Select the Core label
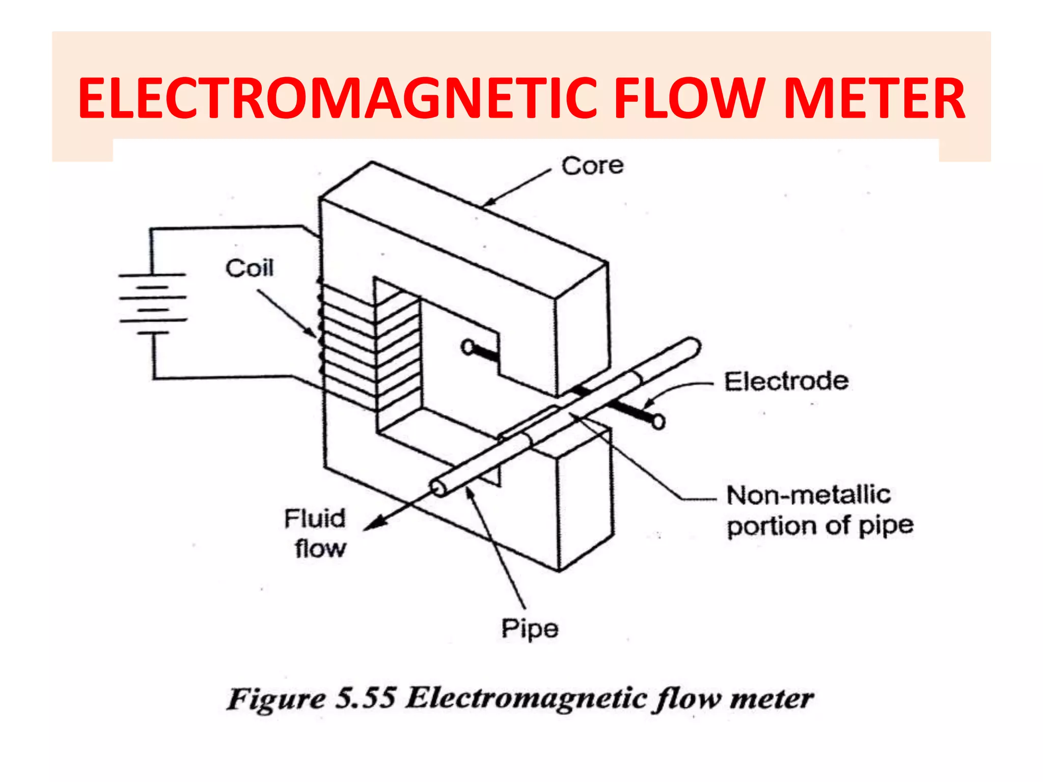(x=592, y=166)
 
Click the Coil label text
(x=250, y=268)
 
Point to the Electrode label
(x=786, y=381)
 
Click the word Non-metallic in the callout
(x=808, y=495)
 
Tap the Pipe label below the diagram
(x=530, y=629)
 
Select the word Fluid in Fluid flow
(x=315, y=519)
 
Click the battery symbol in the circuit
(x=153, y=304)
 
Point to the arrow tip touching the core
(x=485, y=205)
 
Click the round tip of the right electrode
(x=658, y=422)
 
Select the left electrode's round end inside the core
(x=468, y=347)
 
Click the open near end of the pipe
(x=437, y=489)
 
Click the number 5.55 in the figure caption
(x=366, y=698)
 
